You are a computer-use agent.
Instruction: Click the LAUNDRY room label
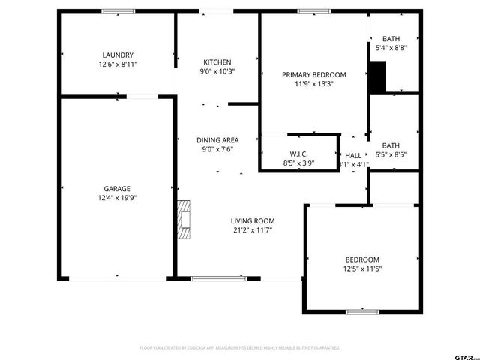[118, 55]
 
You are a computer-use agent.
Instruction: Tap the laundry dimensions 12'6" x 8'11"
[118, 64]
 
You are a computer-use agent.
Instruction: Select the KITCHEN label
[217, 61]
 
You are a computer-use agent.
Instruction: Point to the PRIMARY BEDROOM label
[313, 74]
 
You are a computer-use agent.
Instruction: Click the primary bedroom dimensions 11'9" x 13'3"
[313, 84]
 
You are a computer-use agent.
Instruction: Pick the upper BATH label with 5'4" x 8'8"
[391, 39]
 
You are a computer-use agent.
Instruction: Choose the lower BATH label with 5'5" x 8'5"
[391, 146]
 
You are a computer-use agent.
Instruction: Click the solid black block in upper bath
[377, 76]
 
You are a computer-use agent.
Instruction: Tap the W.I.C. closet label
[298, 153]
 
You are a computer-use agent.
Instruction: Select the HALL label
[353, 155]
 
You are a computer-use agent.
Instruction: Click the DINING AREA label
[217, 140]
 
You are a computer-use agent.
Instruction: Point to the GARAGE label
[117, 188]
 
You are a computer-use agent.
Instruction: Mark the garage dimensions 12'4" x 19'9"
[117, 198]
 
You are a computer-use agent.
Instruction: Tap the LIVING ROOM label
[252, 220]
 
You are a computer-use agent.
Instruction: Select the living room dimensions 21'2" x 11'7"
[252, 230]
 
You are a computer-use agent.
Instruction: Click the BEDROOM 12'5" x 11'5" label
[361, 259]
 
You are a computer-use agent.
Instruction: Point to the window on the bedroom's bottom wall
[362, 311]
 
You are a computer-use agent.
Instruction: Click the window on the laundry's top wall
[118, 11]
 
